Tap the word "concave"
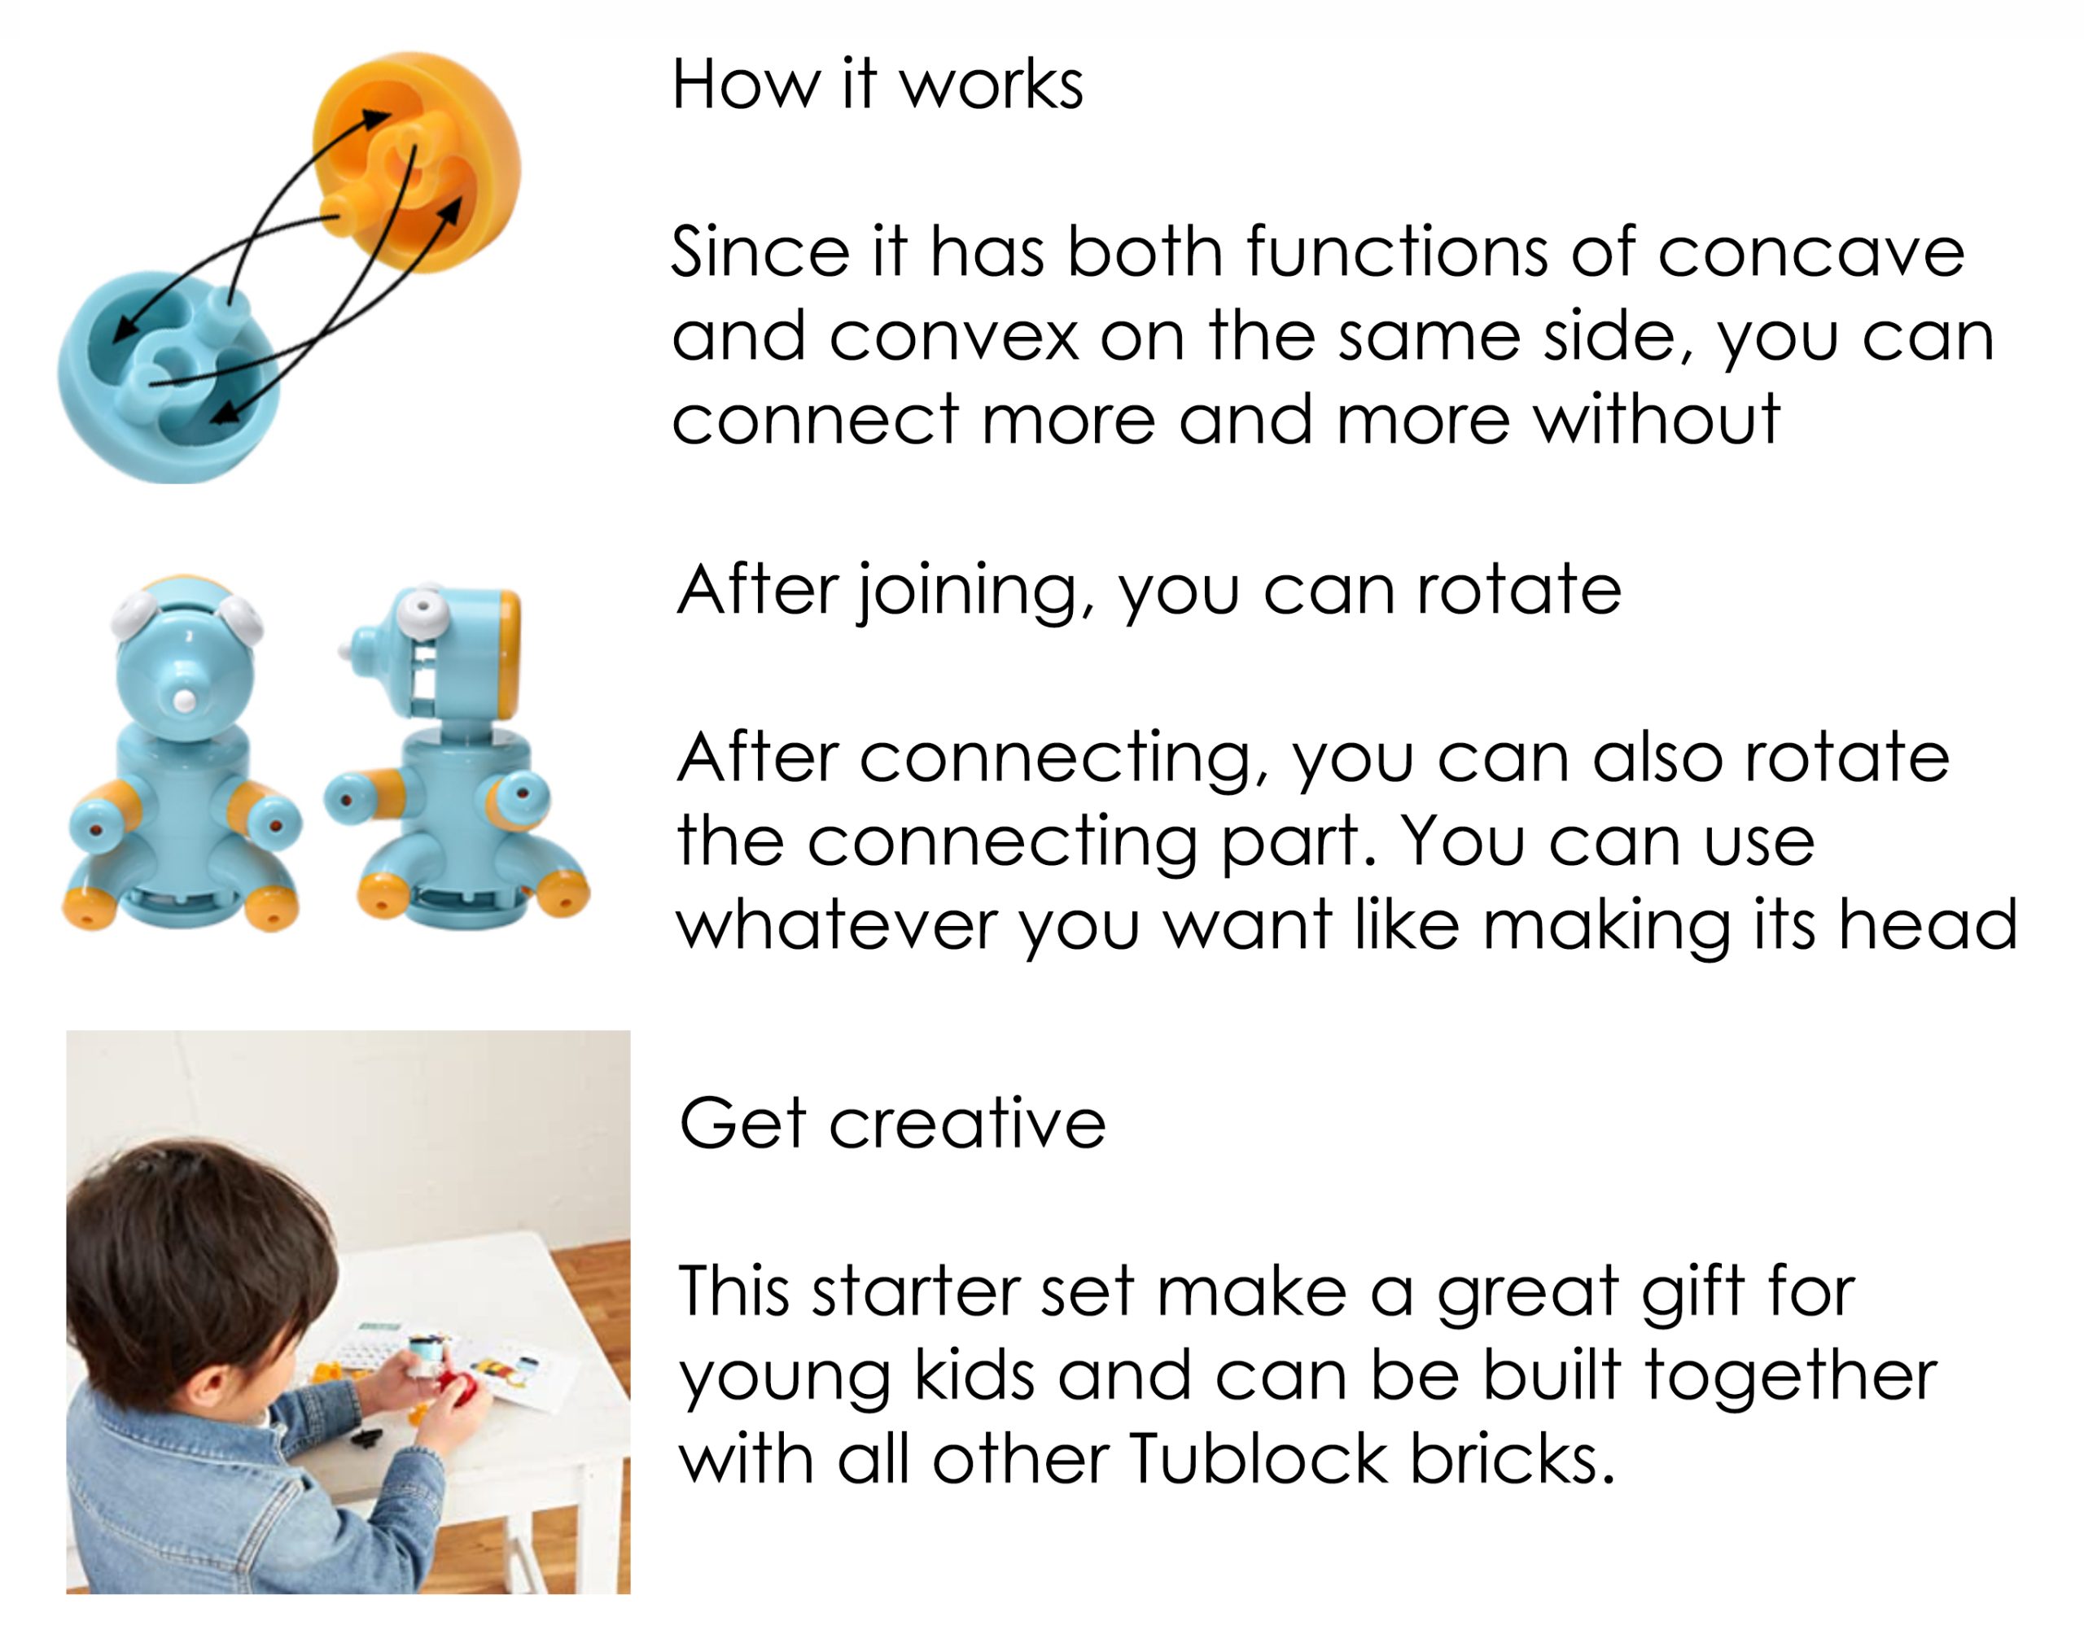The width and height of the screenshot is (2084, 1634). (x=1810, y=251)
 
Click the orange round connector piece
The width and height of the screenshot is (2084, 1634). (x=417, y=161)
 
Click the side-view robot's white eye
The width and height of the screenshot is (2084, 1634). (x=421, y=606)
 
